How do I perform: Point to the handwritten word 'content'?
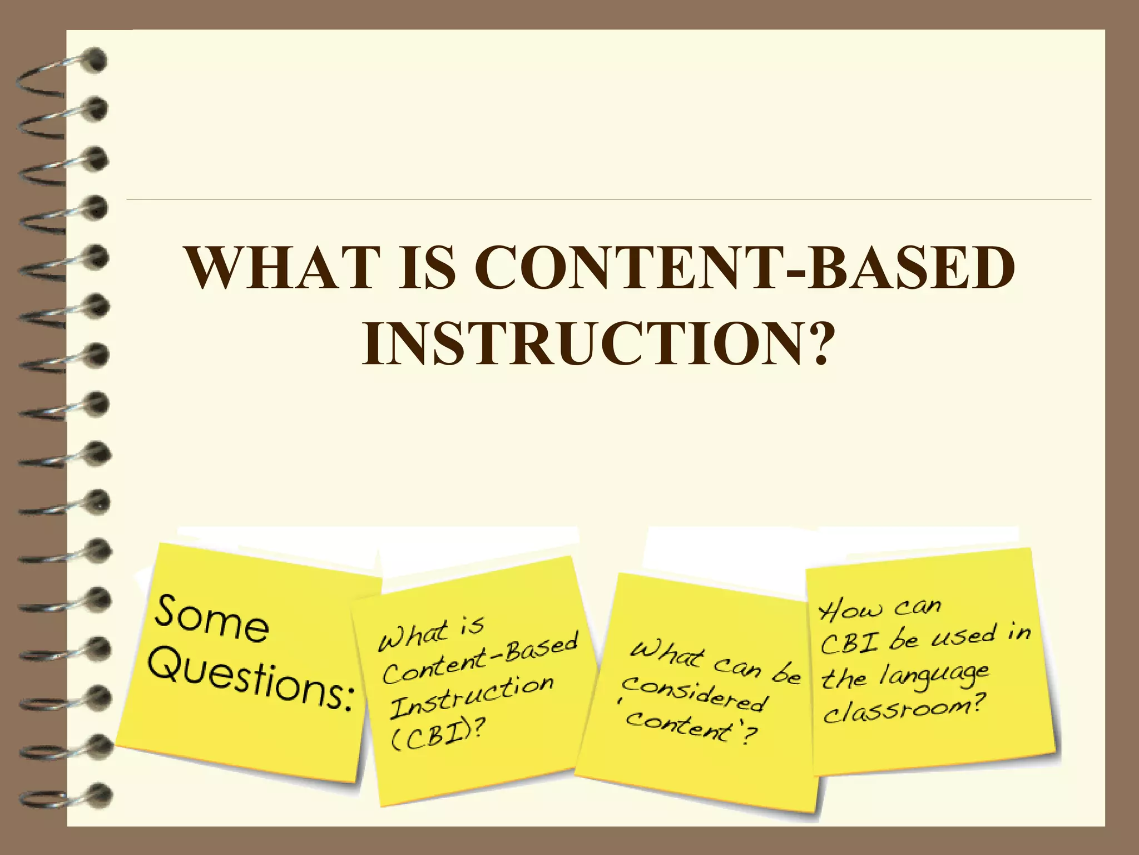point(690,726)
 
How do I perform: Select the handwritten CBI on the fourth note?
point(849,645)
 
